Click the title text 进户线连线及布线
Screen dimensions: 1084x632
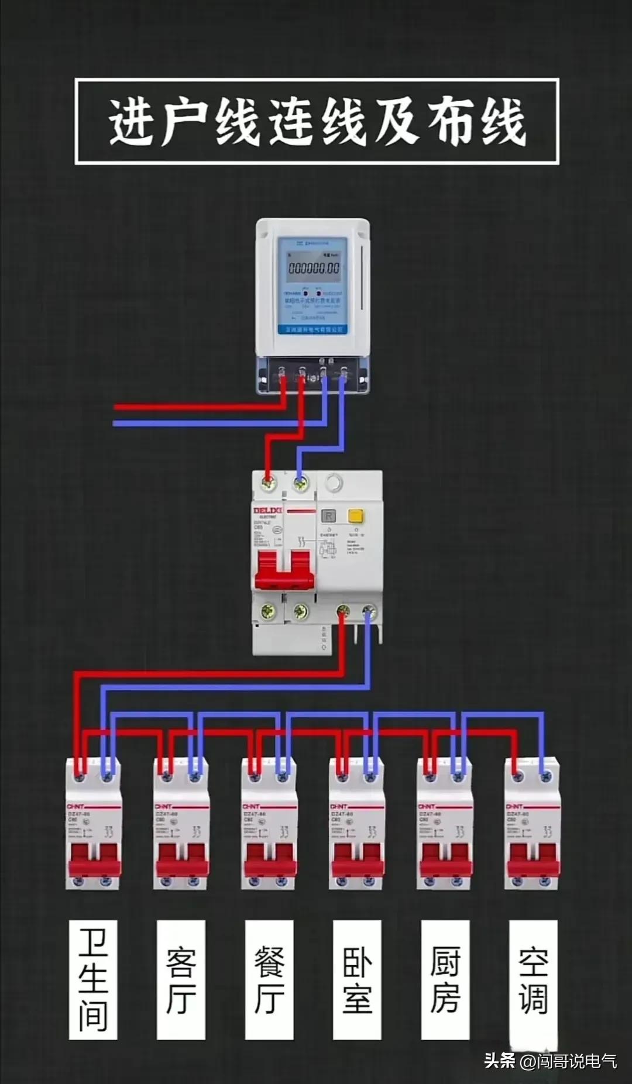click(x=317, y=121)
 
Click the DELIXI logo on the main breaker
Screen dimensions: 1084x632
click(x=267, y=511)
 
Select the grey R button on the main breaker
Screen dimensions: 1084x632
click(x=329, y=516)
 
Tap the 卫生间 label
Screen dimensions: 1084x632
click(x=93, y=979)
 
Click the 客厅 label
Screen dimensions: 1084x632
click(x=181, y=979)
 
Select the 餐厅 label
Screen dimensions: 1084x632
click(x=269, y=979)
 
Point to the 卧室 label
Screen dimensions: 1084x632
click(x=357, y=979)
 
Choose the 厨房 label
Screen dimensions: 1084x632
click(x=445, y=979)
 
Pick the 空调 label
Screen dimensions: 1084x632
click(x=533, y=979)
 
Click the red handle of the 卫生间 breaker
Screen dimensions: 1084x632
click(x=94, y=860)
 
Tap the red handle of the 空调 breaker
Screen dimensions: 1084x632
click(x=533, y=860)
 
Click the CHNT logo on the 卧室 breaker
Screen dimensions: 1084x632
click(x=339, y=807)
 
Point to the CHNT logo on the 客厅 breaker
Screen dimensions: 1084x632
click(x=163, y=807)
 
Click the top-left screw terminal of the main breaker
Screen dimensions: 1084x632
click(x=269, y=483)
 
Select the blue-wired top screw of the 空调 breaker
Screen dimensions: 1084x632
click(x=546, y=777)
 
